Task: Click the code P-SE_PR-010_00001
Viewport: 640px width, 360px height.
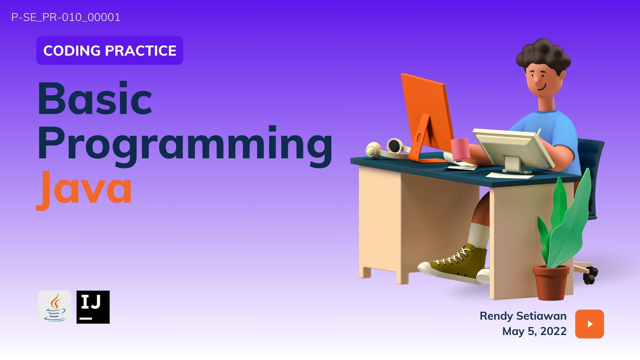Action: (x=66, y=17)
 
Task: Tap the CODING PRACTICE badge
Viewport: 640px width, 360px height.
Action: (x=110, y=50)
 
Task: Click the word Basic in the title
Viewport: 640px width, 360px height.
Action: (x=95, y=98)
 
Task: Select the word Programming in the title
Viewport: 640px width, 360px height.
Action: (x=185, y=146)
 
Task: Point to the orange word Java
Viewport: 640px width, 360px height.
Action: (x=84, y=190)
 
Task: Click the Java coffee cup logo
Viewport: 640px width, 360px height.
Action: (x=55, y=307)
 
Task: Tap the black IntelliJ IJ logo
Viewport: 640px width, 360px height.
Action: (x=93, y=307)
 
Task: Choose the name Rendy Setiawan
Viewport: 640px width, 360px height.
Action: (x=523, y=316)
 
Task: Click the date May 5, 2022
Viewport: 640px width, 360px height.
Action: (x=534, y=331)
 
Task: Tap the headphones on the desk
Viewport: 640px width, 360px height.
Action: (x=388, y=149)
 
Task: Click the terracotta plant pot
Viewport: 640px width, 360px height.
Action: (x=551, y=282)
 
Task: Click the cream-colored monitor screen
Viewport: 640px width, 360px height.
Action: (x=514, y=148)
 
